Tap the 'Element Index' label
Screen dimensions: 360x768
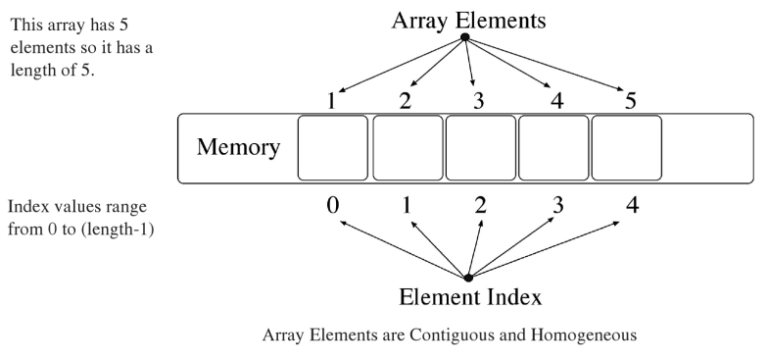pyautogui.click(x=467, y=297)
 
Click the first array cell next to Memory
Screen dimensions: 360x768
pyautogui.click(x=333, y=148)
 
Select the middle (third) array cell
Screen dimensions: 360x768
pyautogui.click(x=480, y=148)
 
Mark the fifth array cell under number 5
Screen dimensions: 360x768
pyautogui.click(x=626, y=148)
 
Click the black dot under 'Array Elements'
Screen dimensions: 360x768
pyautogui.click(x=465, y=39)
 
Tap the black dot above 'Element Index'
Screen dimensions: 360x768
pyautogui.click(x=467, y=277)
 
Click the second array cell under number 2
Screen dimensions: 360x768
pyautogui.click(x=407, y=148)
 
